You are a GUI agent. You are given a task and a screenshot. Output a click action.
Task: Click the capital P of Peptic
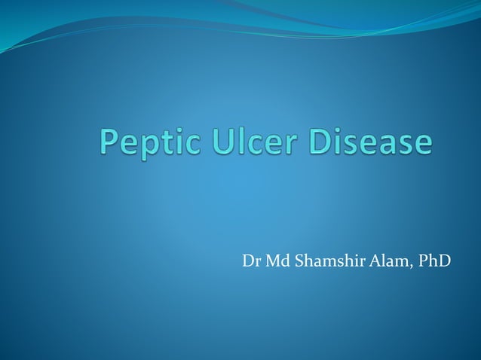coord(110,142)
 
